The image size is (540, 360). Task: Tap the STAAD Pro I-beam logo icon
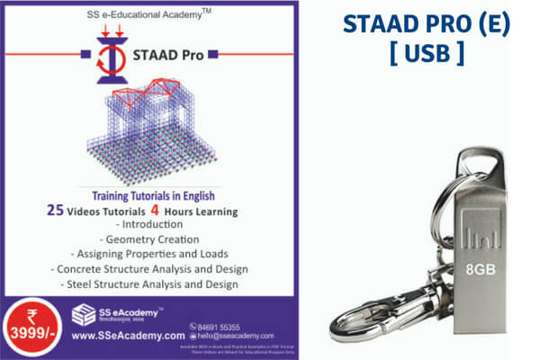107,55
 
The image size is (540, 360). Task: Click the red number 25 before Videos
56,211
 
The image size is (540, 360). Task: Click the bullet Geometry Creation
148,239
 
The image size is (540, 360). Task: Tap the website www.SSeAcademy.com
128,336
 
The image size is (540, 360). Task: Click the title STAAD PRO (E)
427,24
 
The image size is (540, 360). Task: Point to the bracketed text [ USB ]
427,52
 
